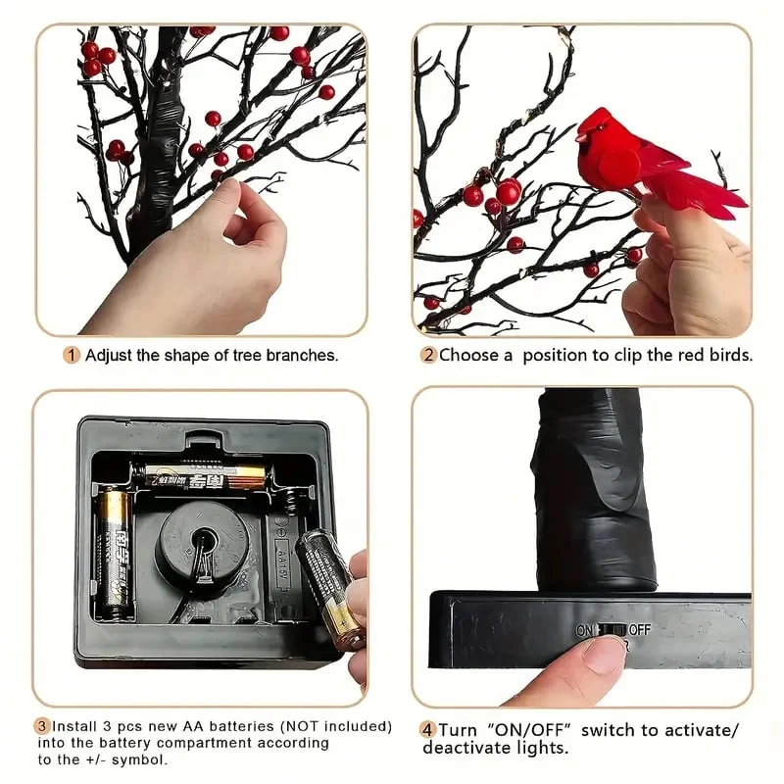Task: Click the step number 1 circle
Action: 72,356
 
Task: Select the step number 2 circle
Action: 428,356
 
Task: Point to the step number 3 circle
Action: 42,727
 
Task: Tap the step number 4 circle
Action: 428,730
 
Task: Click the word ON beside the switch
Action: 585,629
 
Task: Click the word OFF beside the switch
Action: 639,629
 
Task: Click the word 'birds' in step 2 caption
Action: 729,356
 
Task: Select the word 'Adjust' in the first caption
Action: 108,356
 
